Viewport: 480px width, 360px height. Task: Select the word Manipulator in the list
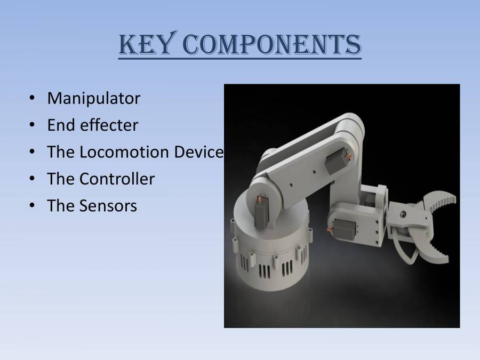pos(93,98)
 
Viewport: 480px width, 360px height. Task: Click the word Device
pos(198,152)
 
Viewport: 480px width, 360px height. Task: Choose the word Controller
pos(117,179)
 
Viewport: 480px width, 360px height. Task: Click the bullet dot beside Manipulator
pos(33,99)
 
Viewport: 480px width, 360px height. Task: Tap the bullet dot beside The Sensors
pos(33,206)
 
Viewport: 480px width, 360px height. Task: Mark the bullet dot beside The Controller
pos(33,179)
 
